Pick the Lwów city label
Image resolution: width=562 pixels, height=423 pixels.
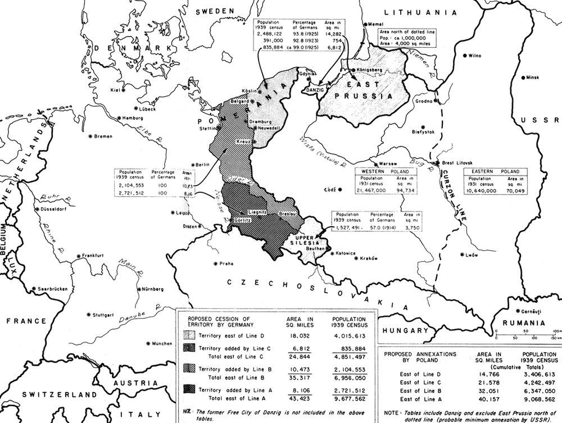click(x=471, y=255)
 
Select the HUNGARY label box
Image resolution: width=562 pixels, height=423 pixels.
click(x=404, y=330)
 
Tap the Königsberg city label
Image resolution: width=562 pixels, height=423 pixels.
click(x=369, y=70)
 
